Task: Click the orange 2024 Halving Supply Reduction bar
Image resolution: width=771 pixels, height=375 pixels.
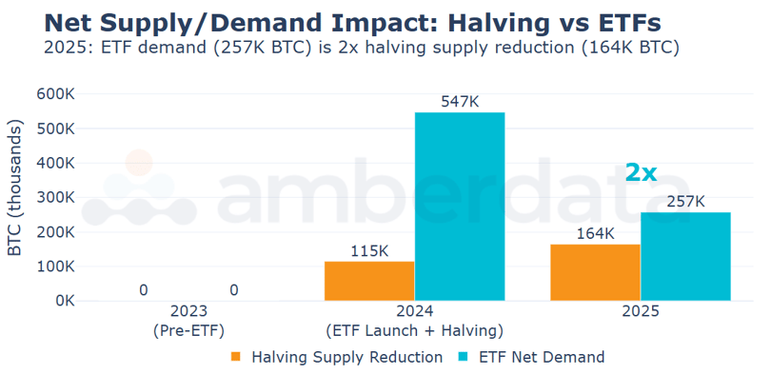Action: click(x=369, y=281)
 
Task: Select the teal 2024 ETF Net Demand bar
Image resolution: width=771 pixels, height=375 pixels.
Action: click(x=460, y=207)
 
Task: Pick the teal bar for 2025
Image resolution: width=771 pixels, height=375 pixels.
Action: click(x=685, y=256)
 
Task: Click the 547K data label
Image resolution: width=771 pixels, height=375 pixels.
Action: click(x=460, y=101)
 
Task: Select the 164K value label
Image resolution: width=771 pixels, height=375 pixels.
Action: click(x=595, y=232)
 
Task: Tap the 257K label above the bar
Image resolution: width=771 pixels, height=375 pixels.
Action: click(x=685, y=201)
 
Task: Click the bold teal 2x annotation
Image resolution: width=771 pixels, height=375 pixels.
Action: click(x=641, y=172)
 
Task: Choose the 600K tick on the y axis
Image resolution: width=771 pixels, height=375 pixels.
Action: click(x=56, y=94)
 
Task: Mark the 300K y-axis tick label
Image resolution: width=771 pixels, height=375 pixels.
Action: click(x=56, y=198)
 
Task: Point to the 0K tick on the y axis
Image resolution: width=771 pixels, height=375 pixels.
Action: click(x=63, y=301)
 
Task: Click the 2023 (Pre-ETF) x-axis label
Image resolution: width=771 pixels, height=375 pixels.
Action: click(x=188, y=321)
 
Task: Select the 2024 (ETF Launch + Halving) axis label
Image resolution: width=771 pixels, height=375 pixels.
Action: click(x=414, y=321)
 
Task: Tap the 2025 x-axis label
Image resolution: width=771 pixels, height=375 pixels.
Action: click(x=640, y=311)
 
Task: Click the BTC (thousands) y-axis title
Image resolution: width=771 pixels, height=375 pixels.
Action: click(x=15, y=188)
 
